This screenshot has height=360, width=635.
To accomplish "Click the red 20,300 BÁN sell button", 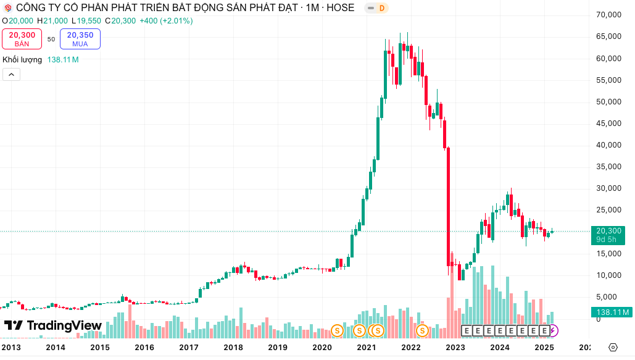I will [x=22, y=39].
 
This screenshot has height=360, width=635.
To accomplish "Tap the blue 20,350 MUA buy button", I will [x=80, y=39].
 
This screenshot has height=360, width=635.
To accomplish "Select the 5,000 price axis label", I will [x=610, y=297].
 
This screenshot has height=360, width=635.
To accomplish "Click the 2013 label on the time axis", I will [x=11, y=348].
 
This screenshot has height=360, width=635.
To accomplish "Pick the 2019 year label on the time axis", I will [x=278, y=348].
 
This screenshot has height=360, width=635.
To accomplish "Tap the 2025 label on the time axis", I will [x=544, y=348].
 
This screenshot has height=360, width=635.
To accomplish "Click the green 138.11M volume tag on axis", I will [x=610, y=312].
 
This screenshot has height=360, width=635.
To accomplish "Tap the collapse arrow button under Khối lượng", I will [x=12, y=75].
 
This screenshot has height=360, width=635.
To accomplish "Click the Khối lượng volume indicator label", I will [x=22, y=60].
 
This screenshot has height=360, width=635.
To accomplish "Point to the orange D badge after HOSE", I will [x=381, y=8].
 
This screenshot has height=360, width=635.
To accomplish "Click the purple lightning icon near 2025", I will [x=553, y=331].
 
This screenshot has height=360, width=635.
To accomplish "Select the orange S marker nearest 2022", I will [x=422, y=331].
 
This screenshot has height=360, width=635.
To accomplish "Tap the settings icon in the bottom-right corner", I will [x=613, y=348].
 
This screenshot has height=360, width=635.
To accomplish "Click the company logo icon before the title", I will [x=7, y=8].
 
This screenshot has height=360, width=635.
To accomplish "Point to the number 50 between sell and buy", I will [x=51, y=39].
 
